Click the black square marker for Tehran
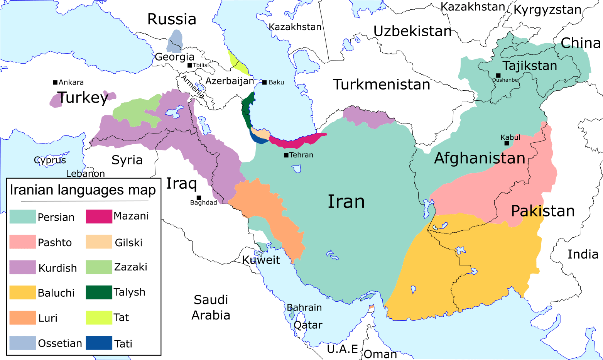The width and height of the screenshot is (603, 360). tap(286, 155)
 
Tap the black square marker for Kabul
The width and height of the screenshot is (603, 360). tap(507, 144)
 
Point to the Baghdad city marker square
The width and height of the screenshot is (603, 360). tap(199, 198)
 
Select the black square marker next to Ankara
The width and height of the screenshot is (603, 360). tap(55, 82)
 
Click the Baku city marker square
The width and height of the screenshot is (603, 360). tap(264, 82)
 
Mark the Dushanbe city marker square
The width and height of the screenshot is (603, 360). tap(498, 76)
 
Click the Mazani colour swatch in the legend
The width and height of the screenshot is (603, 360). tap(99, 216)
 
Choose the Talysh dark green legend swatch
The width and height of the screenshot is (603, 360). tap(99, 292)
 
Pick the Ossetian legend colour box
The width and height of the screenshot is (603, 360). tap(22, 343)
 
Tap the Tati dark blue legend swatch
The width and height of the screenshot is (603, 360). tap(99, 343)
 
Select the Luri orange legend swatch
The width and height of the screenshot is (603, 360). tap(22, 318)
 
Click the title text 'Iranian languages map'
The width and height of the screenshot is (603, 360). tap(83, 190)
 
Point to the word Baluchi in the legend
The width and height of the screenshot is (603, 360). tap(56, 293)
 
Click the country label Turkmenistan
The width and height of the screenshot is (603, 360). tap(381, 85)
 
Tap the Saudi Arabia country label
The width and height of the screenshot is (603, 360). tap(211, 308)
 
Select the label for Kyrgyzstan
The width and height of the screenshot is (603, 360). tap(547, 10)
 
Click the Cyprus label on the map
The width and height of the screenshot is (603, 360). tap(50, 160)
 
